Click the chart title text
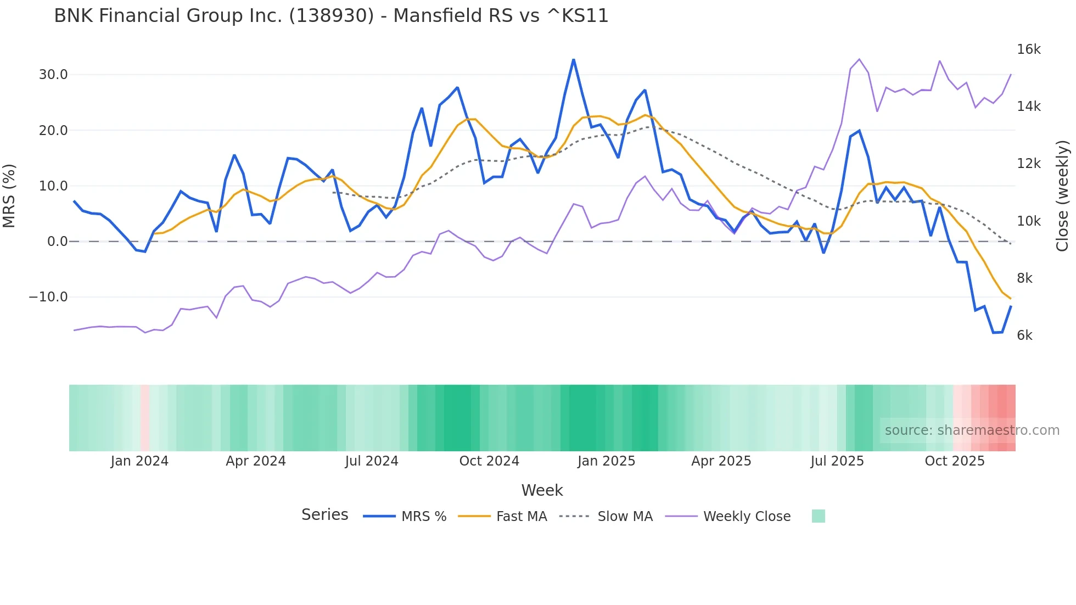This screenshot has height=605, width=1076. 331,16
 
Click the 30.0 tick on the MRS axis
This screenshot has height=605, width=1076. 53,75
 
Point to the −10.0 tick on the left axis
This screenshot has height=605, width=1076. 48,297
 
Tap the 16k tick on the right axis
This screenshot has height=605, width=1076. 1028,49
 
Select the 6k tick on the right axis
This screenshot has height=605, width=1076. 1024,335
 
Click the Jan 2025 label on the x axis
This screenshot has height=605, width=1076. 606,461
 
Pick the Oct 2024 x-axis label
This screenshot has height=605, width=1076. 489,461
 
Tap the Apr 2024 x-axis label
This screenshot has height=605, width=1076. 256,461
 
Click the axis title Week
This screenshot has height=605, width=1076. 542,490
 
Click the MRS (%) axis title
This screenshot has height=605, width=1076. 9,195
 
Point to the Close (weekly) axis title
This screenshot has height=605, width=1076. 1063,195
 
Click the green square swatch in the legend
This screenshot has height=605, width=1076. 818,516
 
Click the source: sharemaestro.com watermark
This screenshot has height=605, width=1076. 972,430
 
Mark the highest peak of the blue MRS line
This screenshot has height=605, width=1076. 574,60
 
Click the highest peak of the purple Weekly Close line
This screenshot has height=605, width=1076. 859,59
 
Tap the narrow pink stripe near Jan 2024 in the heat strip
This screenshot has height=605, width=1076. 145,418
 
